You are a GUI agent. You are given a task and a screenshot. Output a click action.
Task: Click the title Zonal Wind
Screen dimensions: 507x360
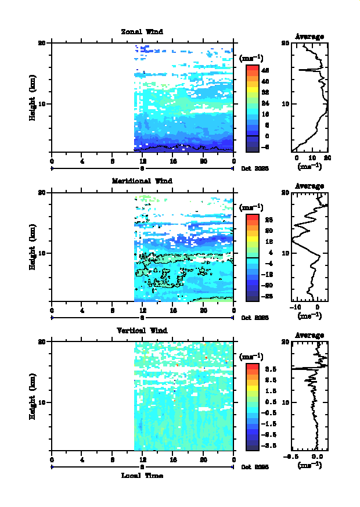(x=142, y=31)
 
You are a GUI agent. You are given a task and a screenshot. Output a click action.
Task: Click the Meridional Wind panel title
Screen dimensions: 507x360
(x=142, y=181)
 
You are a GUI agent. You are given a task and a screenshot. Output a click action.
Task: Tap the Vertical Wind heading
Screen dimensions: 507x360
(x=142, y=330)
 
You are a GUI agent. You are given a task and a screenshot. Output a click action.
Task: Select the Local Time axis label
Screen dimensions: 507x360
(x=142, y=476)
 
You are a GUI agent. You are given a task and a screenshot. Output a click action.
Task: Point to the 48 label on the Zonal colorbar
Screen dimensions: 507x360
(x=265, y=70)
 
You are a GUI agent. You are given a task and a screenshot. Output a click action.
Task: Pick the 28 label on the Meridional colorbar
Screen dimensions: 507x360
(x=265, y=220)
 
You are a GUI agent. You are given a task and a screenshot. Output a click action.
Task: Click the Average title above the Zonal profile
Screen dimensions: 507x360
(x=309, y=37)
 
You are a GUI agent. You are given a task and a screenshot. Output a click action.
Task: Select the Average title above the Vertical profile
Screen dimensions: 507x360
(x=309, y=336)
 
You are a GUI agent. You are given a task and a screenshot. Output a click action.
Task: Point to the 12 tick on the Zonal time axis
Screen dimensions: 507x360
(x=142, y=161)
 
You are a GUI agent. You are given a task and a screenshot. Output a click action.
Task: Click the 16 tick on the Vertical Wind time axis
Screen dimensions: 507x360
(x=173, y=460)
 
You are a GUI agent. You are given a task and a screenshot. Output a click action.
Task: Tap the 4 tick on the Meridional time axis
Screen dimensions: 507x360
(x=82, y=311)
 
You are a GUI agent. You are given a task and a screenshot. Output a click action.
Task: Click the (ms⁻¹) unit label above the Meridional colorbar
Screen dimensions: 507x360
(x=251, y=207)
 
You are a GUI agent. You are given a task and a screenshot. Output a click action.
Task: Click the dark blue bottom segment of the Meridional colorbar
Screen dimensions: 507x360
(x=252, y=296)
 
